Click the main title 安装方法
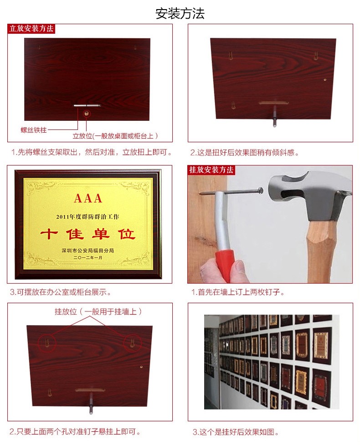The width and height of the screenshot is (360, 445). tap(180, 14)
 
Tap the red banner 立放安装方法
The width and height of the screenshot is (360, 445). tap(31, 29)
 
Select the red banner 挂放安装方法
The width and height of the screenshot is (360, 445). tap(211, 170)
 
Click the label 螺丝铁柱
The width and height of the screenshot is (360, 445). tap(34, 130)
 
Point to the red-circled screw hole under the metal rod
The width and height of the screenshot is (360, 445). tap(87, 114)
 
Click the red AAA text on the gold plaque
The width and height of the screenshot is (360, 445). tap(88, 198)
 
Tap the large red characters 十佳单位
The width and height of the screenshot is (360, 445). tap(87, 234)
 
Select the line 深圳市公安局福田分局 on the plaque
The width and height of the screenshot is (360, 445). tap(87, 250)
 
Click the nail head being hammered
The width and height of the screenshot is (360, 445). tap(260, 190)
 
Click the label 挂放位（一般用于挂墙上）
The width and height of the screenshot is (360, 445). tap(98, 311)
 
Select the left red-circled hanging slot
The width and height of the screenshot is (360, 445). tap(47, 342)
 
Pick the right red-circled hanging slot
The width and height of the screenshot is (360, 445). tap(132, 342)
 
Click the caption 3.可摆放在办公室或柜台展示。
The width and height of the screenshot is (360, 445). tap(61, 292)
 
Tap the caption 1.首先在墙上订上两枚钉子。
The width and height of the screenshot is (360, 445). tap(238, 292)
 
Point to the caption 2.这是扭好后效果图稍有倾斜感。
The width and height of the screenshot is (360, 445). tap(245, 153)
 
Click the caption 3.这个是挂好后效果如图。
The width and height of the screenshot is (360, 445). tap(236, 432)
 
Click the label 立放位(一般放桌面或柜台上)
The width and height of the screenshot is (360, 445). tap(115, 136)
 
